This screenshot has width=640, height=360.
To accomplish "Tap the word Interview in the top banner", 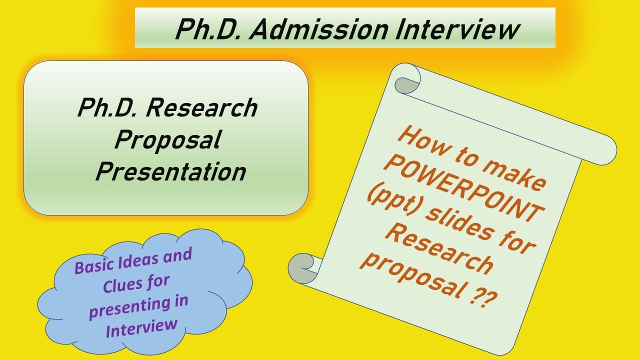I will click(x=457, y=29).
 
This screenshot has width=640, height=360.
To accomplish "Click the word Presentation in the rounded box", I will click(x=170, y=171).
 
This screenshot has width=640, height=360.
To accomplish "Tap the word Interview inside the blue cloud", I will click(x=141, y=327).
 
